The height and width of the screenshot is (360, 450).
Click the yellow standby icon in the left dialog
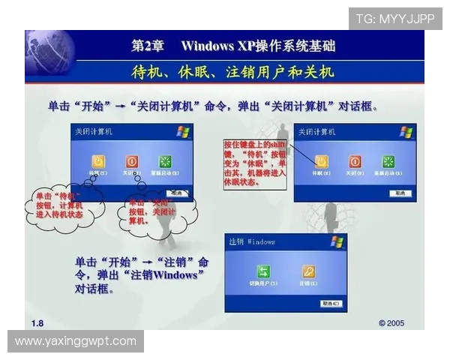point(97,161)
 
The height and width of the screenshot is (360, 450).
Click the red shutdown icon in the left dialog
point(132,161)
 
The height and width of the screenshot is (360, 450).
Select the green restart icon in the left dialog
point(166,161)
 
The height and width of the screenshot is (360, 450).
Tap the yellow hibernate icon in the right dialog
point(321,161)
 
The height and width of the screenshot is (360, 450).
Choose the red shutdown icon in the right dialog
point(355,161)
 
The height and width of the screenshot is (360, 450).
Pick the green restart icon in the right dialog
point(388,161)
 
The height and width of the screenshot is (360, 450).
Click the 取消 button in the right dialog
point(400,193)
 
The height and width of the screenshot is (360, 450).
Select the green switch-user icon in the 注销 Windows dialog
point(264,271)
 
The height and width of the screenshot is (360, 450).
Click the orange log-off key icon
point(308,271)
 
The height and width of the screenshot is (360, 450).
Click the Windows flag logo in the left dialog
point(183,132)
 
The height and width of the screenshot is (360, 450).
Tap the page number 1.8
point(37,322)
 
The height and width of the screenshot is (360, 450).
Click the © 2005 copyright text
point(391,322)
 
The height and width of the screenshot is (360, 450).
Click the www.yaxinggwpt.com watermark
point(76,341)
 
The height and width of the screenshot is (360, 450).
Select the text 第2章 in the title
point(148,46)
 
